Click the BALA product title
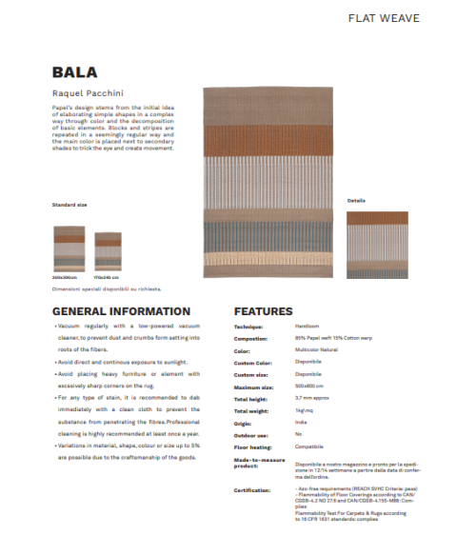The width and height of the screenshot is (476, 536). click(73, 72)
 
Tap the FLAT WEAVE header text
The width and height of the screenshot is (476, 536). click(384, 18)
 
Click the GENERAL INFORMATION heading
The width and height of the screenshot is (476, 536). click(121, 311)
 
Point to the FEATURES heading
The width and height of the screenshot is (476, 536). click(263, 311)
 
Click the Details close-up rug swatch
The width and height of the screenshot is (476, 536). click(377, 244)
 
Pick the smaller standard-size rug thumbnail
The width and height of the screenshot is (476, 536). click(108, 252)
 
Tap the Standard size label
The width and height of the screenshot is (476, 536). click(69, 205)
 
